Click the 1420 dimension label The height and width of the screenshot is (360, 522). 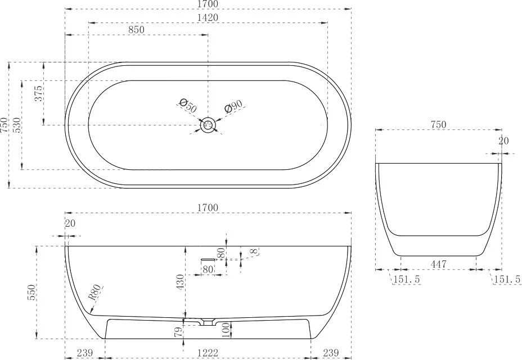pos(208,17)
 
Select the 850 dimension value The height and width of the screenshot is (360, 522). pos(137,30)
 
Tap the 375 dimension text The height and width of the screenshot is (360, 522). pos(39,93)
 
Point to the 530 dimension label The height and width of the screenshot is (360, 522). pos(16,125)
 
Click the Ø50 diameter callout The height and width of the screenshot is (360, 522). pos(188,106)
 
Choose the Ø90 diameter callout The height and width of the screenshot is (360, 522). pos(233,106)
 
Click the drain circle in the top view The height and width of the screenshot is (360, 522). pos(208,125)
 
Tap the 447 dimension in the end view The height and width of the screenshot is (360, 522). pos(438,264)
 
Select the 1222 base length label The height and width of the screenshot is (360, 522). pos(208,353)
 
